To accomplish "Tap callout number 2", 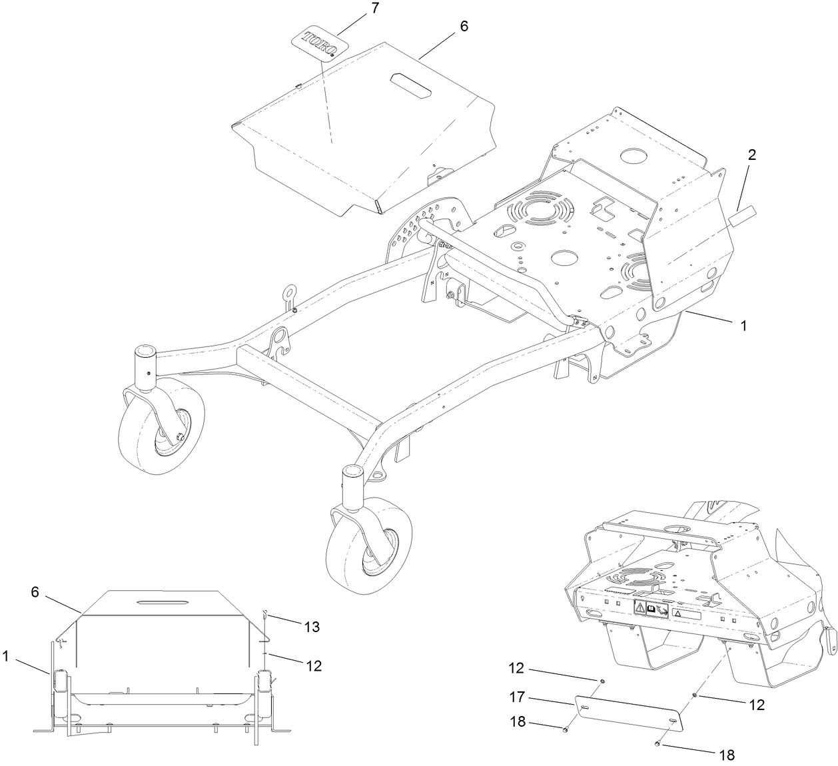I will [x=751, y=155].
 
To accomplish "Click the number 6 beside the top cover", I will [x=464, y=26].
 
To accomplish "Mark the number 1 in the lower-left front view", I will [x=5, y=657].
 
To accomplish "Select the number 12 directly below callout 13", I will [x=314, y=665].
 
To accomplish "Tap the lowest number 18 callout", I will [x=727, y=755].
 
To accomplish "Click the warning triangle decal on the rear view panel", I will [x=639, y=607].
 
